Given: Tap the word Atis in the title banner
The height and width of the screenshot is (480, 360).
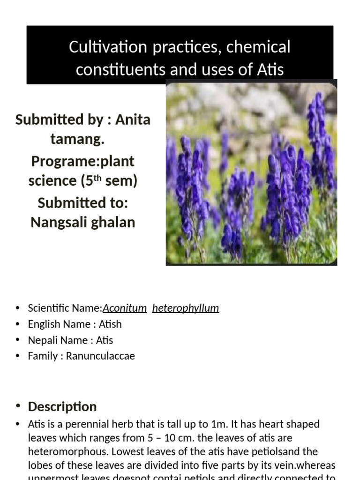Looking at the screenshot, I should pyautogui.click(x=270, y=69).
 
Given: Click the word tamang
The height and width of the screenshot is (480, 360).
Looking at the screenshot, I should pyautogui.click(x=77, y=139).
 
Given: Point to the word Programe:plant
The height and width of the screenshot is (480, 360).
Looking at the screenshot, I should pyautogui.click(x=82, y=161).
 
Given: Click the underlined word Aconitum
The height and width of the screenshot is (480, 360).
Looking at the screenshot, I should pyautogui.click(x=125, y=308).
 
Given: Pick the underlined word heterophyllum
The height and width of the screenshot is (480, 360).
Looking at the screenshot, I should pyautogui.click(x=186, y=308).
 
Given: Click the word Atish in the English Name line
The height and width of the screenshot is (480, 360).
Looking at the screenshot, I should pyautogui.click(x=110, y=324).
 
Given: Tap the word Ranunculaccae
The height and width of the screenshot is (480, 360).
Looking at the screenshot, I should pyautogui.click(x=100, y=356).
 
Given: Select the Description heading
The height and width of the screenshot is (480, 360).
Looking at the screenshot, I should pyautogui.click(x=62, y=406).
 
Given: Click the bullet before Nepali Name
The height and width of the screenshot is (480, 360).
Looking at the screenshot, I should pyautogui.click(x=18, y=340).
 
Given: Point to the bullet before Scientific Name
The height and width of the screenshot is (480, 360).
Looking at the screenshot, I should pyautogui.click(x=18, y=308).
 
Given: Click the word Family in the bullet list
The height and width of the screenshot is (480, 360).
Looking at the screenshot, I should pyautogui.click(x=43, y=356).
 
